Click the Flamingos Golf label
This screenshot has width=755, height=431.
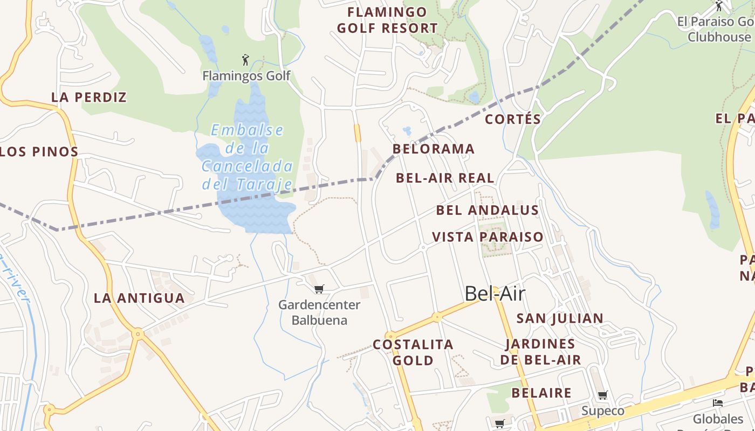246,76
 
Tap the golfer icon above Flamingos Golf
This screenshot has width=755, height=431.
246,59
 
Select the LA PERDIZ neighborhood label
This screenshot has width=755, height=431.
89,98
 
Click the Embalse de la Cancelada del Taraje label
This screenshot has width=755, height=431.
248,157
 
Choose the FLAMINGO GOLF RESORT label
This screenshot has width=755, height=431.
387,20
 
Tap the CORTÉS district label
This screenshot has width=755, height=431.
513,119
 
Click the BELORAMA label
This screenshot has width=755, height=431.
434,149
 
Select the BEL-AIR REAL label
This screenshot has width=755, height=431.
445,178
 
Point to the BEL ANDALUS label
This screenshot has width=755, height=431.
488,210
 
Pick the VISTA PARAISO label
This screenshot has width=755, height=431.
488,237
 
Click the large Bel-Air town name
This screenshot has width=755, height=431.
495,294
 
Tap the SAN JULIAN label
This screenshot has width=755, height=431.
560,318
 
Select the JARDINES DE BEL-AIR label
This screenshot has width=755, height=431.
540,352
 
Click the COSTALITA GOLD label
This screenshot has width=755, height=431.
413,352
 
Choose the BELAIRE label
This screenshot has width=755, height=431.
541,393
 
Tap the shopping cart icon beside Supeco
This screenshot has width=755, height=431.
603,395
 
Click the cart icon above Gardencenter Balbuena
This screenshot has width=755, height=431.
319,289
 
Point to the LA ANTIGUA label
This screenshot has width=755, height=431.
139,298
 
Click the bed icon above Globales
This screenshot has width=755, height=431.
717,402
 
